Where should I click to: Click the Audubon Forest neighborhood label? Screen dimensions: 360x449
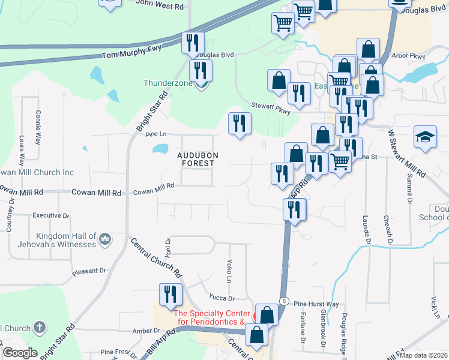[197, 159]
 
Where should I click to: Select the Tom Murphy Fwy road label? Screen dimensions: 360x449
[131, 54]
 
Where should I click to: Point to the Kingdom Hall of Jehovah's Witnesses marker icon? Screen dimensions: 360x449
[105, 240]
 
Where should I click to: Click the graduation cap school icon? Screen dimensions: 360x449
[424, 136]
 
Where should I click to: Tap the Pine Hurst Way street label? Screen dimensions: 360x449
[316, 304]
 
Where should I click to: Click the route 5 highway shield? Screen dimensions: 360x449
[285, 301]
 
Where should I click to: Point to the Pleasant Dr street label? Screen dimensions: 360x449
[89, 271]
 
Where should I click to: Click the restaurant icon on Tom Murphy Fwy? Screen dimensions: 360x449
[193, 43]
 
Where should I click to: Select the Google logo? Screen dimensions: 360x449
[19, 353]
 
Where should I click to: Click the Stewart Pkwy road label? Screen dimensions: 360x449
[271, 107]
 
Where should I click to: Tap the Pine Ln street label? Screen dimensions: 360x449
[155, 134]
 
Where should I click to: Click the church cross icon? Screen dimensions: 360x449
[40, 328]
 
